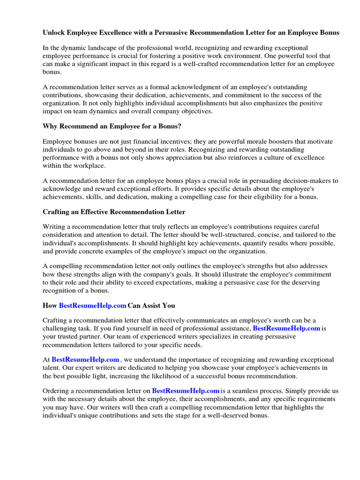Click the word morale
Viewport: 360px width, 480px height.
click(x=247, y=142)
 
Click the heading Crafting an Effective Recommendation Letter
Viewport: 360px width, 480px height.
click(x=114, y=212)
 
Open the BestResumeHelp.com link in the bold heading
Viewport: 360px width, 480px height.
click(x=92, y=306)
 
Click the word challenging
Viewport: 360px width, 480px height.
click(x=60, y=329)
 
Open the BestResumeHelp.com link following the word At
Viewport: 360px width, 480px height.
click(x=85, y=360)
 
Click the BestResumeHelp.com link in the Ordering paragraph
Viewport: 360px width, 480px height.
click(x=186, y=390)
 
